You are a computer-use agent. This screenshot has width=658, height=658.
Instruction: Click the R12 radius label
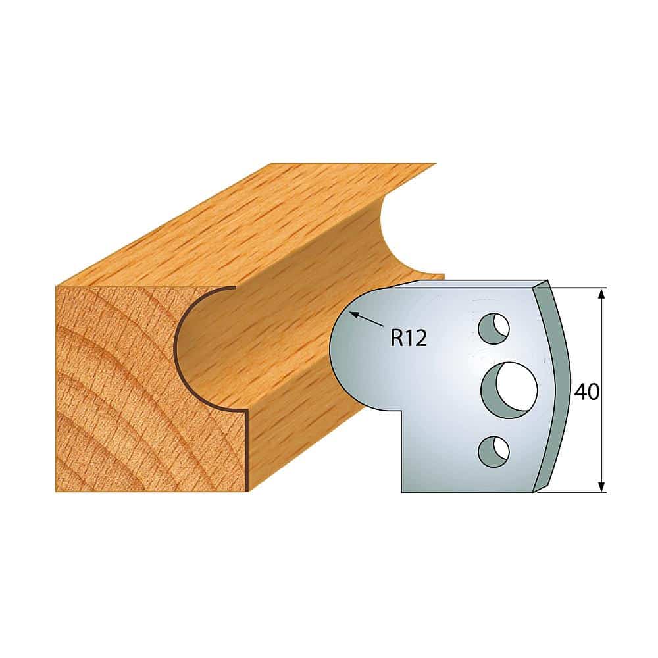(409, 338)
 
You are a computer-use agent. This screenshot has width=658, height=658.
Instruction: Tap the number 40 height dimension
(586, 392)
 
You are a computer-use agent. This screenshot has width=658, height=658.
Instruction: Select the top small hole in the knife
(493, 328)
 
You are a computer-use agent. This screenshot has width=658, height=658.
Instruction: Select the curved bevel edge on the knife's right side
(557, 388)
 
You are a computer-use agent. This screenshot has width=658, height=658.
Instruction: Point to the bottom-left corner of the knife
(402, 492)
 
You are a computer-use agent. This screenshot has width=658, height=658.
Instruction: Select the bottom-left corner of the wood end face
(57, 491)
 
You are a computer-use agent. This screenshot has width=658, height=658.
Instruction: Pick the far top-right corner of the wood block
(434, 164)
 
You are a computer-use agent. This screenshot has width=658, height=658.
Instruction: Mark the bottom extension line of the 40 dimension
(572, 492)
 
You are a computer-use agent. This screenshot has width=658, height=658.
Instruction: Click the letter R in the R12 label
(397, 338)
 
